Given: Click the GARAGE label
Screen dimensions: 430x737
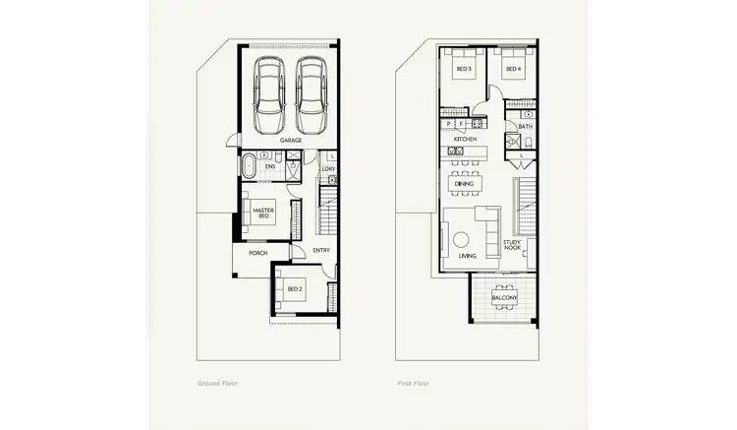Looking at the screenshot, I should point(291,141).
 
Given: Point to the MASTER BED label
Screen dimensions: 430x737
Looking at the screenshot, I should point(262,214).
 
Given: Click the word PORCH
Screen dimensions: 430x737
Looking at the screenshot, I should point(257,253).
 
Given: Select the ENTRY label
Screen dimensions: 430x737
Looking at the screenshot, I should point(321,250).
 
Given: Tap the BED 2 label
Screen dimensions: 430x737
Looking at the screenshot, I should point(294,289).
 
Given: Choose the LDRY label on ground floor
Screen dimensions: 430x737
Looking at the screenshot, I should point(328,169).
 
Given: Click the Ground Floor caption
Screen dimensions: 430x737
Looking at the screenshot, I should point(217,383).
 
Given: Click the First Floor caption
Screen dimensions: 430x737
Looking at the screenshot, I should point(414,383).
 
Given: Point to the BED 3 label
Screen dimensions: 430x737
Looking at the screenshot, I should point(463,69).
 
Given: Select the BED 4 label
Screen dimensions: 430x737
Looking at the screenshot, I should point(512,69).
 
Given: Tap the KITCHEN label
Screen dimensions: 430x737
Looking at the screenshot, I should point(465,140).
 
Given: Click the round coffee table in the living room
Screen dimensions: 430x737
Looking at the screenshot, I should point(461,238).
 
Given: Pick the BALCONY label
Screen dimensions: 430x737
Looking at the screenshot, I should point(503,296).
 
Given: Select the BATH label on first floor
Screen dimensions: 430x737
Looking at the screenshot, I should point(525,126).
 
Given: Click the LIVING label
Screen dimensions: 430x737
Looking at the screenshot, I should point(468,256).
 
